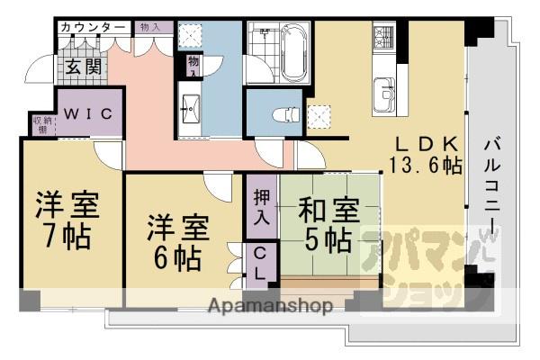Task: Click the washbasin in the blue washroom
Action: pos(191,107)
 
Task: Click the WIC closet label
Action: pos(88,114)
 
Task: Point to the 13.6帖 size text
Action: pos(426,166)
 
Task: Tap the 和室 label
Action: pos(324,212)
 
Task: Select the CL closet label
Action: pos(258,262)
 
